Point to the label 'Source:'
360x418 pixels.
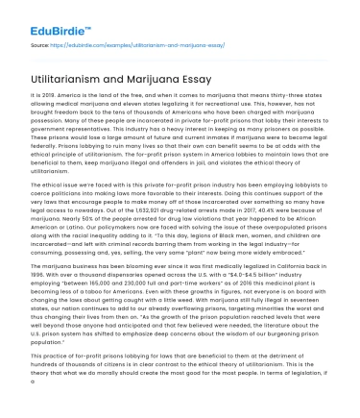tap(40, 44)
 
